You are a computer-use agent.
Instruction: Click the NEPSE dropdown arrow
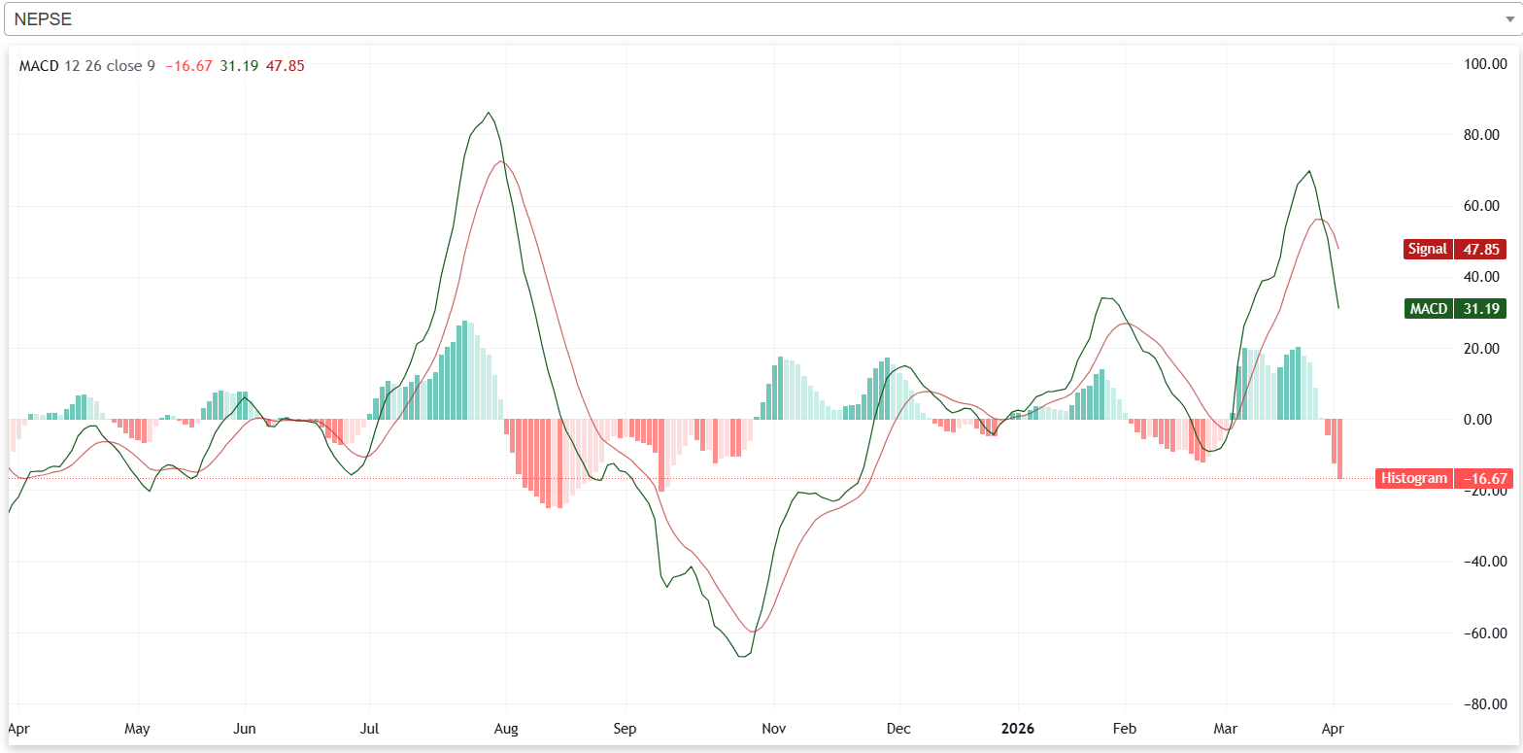pos(1506,19)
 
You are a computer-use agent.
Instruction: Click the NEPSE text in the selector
pos(43,19)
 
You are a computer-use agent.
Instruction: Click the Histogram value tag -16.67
pos(1445,478)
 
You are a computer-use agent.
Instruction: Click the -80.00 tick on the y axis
pos(1483,703)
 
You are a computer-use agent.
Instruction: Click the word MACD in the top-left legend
pos(39,66)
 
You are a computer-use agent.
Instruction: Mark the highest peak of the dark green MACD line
pos(489,113)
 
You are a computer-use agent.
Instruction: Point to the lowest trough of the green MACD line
pos(743,657)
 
